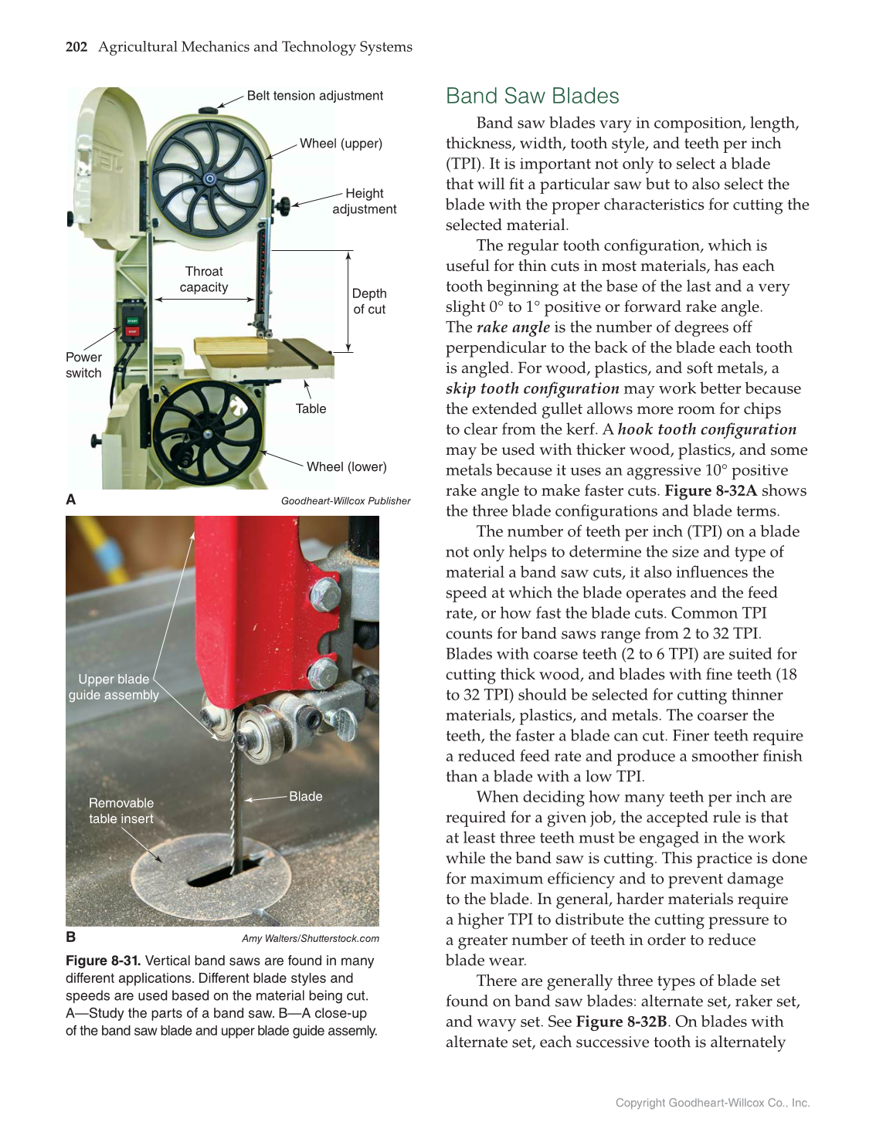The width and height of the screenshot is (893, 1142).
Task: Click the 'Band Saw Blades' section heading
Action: [x=532, y=96]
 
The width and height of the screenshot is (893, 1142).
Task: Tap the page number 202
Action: [x=76, y=47]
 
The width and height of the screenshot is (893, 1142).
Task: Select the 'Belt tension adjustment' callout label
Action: [x=314, y=96]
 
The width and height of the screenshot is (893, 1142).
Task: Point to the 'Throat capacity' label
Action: [x=204, y=280]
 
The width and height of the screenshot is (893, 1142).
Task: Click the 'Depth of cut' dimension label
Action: [x=369, y=301]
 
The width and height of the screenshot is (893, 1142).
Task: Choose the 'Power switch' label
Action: [x=83, y=365]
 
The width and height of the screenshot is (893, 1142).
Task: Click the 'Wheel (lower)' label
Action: [x=346, y=467]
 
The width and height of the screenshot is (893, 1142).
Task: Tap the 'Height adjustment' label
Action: [x=364, y=202]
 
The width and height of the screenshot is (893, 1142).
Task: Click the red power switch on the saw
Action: [x=131, y=332]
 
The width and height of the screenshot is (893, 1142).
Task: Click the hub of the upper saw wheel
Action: [x=209, y=179]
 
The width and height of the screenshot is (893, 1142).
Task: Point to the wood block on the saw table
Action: [x=232, y=345]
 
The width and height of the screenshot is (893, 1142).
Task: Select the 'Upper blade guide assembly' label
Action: [x=114, y=687]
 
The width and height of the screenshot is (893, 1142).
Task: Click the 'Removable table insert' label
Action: [x=121, y=811]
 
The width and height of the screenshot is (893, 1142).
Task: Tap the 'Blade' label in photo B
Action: [x=305, y=796]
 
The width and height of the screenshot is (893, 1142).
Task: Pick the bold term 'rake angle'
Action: [x=513, y=327]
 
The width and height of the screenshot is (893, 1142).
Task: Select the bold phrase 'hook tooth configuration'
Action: [x=707, y=429]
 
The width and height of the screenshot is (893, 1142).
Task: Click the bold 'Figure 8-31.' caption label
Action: [x=103, y=961]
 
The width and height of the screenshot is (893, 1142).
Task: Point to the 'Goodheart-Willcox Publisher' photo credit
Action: [x=345, y=501]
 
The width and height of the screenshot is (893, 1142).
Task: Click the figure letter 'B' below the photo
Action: [x=71, y=937]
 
